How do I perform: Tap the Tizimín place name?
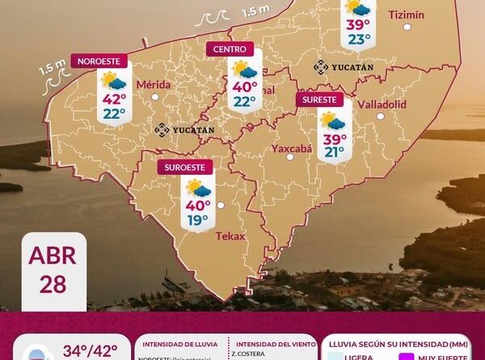[x=406, y=15]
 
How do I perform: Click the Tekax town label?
[x=230, y=236]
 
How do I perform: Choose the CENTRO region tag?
[x=230, y=49]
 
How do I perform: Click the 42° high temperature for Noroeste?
[x=113, y=98]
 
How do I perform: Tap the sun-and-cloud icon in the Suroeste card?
[x=197, y=188]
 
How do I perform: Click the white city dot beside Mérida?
[x=154, y=98]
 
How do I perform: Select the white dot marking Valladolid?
[x=380, y=116]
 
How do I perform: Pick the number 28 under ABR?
[x=52, y=283]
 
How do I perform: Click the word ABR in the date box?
[x=52, y=256]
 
